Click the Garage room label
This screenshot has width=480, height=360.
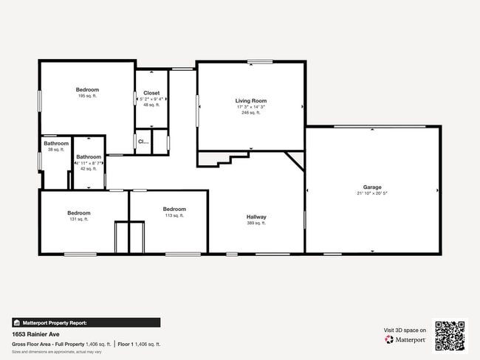click(x=372, y=187)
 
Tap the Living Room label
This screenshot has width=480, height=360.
click(x=250, y=100)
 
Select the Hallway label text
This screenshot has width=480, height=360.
click(x=256, y=217)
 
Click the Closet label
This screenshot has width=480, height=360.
click(x=151, y=93)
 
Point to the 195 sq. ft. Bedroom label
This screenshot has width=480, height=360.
click(x=88, y=90)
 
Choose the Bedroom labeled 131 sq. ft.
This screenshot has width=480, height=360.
click(x=79, y=212)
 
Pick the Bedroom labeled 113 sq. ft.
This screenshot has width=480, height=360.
click(x=174, y=209)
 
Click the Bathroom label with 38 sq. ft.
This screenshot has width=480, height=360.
click(x=55, y=143)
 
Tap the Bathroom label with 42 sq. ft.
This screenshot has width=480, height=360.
click(x=89, y=156)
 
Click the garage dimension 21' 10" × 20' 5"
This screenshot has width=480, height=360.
click(x=372, y=193)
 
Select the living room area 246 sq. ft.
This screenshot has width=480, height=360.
click(x=250, y=113)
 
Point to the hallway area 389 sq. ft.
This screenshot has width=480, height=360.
click(x=256, y=223)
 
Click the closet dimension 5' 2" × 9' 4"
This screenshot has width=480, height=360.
click(x=151, y=99)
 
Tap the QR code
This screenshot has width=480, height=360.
click(x=450, y=335)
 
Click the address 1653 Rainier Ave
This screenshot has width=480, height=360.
click(x=36, y=334)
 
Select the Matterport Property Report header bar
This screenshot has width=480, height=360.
click(x=86, y=322)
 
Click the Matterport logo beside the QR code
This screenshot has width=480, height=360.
click(x=405, y=339)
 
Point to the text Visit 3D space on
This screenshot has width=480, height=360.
click(x=405, y=330)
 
